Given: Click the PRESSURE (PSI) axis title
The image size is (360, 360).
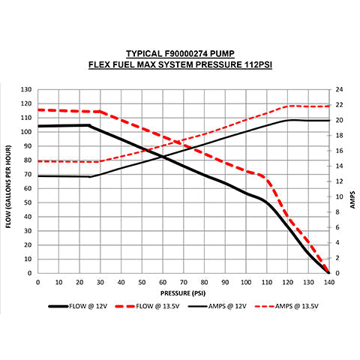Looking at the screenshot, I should pos(182,292).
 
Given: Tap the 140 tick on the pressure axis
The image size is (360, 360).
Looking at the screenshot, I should pos(328,282).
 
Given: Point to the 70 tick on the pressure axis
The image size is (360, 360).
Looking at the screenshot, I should pos(183,282).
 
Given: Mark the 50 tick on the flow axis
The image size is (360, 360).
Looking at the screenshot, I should pos(28,202).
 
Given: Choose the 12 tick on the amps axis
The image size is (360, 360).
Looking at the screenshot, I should pos(339,181).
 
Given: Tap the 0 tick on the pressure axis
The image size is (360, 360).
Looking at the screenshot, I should pos(37,282).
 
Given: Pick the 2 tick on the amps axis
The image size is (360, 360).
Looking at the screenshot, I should pos(337,258).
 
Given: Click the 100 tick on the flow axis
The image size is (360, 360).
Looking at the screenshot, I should pos(27,131).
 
